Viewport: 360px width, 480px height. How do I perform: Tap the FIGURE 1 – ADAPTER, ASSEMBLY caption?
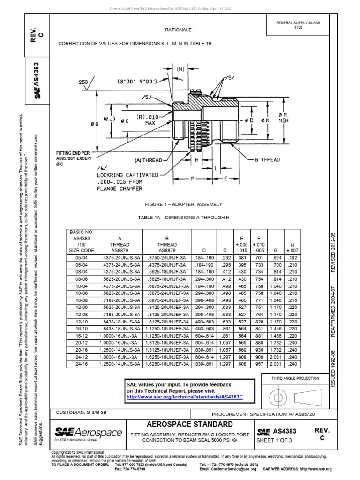pos(178,205)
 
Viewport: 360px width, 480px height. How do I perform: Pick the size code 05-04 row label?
pos(81,258)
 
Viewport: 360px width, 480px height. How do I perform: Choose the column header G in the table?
pos(275,245)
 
